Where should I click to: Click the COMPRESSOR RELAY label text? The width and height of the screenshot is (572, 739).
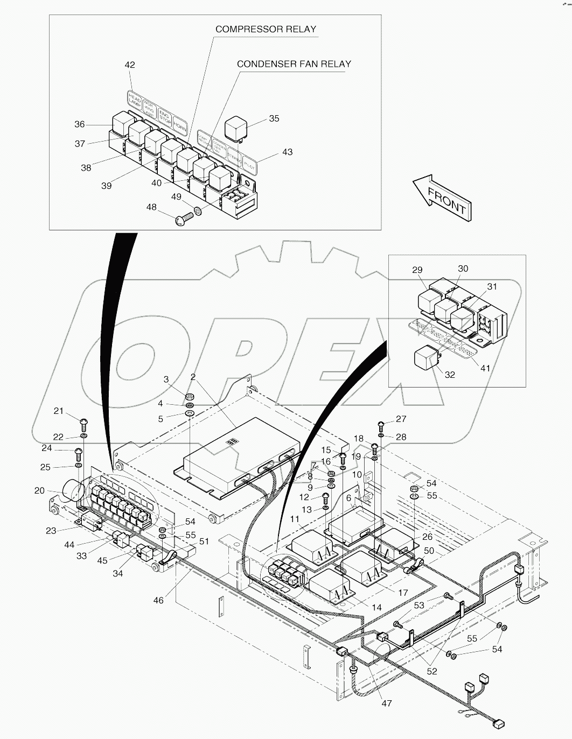[x=266, y=29]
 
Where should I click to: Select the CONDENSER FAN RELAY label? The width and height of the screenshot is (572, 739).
[x=294, y=64]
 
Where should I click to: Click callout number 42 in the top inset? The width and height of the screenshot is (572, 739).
[x=130, y=65]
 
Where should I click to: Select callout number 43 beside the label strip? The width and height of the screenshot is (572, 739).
[x=287, y=152]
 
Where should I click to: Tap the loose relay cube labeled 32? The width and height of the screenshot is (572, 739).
[x=425, y=358]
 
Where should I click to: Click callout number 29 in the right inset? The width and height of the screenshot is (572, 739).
[x=417, y=270]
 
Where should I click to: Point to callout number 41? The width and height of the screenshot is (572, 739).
[x=485, y=368]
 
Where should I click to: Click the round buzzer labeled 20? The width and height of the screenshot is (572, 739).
[x=72, y=491]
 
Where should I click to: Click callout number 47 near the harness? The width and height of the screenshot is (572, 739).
[x=386, y=703]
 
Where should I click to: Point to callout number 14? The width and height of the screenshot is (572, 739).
[x=376, y=607]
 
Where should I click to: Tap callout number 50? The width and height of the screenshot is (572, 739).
[x=429, y=551]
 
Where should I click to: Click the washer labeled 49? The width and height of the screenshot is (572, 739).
[x=198, y=212]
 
